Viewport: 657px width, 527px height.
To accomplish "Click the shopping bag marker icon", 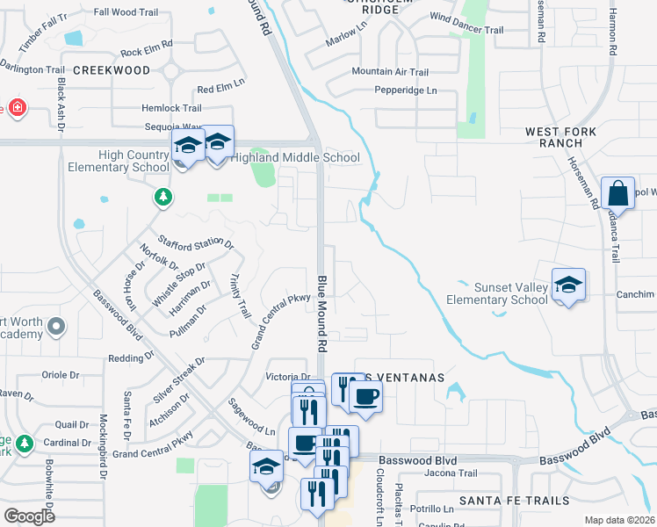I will point(618,193).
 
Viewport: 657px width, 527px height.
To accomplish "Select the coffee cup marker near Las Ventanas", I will point(365,394).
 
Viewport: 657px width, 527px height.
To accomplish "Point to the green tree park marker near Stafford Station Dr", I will point(162,198).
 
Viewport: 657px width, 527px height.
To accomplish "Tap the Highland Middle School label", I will point(295,158).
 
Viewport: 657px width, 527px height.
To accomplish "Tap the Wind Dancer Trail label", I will point(466,29).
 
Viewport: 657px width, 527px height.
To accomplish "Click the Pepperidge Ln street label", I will point(406,90).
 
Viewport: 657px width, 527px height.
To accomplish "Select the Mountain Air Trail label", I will point(390,72).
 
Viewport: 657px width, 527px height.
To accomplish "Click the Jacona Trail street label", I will point(450,473).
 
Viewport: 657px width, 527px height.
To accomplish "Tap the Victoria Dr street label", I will point(288,376).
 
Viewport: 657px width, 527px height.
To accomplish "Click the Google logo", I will point(30,516).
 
